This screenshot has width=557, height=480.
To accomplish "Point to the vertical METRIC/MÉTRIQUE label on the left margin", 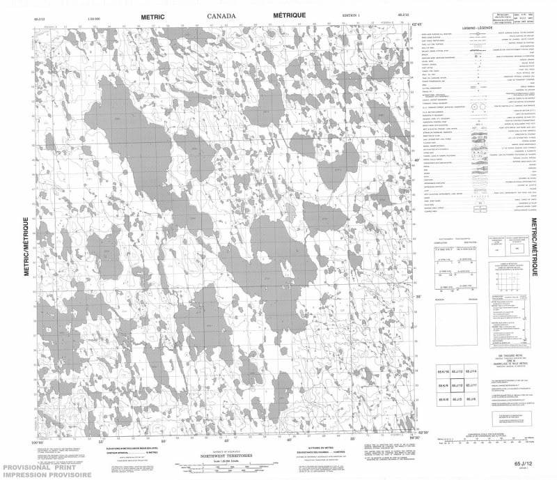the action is pyautogui.click(x=27, y=248).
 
